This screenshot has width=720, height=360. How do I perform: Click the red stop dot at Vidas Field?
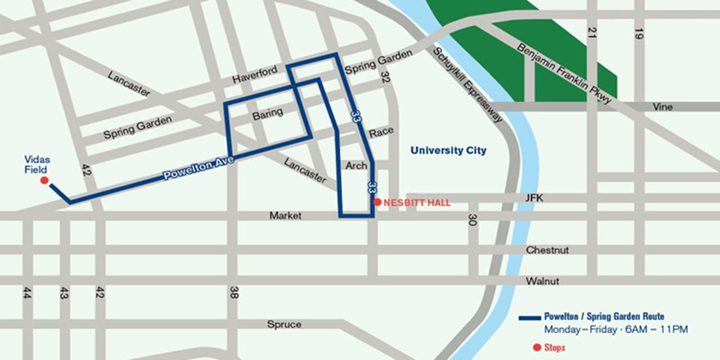click(44, 181)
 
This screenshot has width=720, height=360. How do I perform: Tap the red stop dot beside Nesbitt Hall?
click(377, 202)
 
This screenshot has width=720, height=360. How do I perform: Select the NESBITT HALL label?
click(417, 203)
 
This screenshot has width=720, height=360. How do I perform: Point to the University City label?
click(448, 151)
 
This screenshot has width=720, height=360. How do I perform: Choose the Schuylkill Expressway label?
click(467, 84)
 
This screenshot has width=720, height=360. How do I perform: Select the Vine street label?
click(662, 107)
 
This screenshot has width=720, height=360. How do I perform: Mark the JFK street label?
click(533, 198)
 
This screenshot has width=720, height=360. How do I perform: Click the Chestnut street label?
click(547, 250)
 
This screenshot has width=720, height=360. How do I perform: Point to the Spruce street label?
click(284, 325)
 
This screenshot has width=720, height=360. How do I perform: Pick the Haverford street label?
click(255, 76)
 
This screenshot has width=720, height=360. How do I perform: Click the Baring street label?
click(267, 113)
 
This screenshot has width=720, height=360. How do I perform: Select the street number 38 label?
click(233, 292)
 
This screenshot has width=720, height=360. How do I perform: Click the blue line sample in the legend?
click(529, 318)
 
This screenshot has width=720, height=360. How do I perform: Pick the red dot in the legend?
click(537, 347)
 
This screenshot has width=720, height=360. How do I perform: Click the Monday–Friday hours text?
click(615, 330)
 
